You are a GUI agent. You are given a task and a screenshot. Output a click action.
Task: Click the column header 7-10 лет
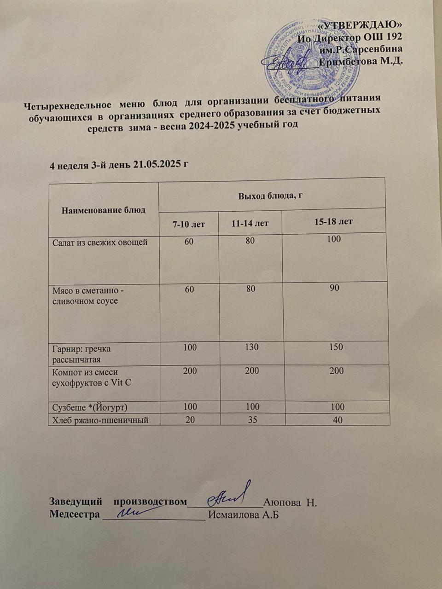[189, 224]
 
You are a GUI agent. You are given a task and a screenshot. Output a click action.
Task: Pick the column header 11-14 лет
[250, 224]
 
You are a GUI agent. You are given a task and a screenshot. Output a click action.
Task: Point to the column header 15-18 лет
[333, 221]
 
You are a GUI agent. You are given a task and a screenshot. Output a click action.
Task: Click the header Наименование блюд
[103, 210]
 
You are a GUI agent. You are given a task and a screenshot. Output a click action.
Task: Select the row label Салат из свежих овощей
[100, 242]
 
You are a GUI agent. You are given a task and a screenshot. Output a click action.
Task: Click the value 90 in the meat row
[335, 288]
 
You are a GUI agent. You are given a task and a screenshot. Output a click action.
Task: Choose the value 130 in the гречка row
[252, 347]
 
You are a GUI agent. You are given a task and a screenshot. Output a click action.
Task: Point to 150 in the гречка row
[336, 346]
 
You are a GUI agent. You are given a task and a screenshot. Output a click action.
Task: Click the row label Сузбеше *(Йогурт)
[89, 407]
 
